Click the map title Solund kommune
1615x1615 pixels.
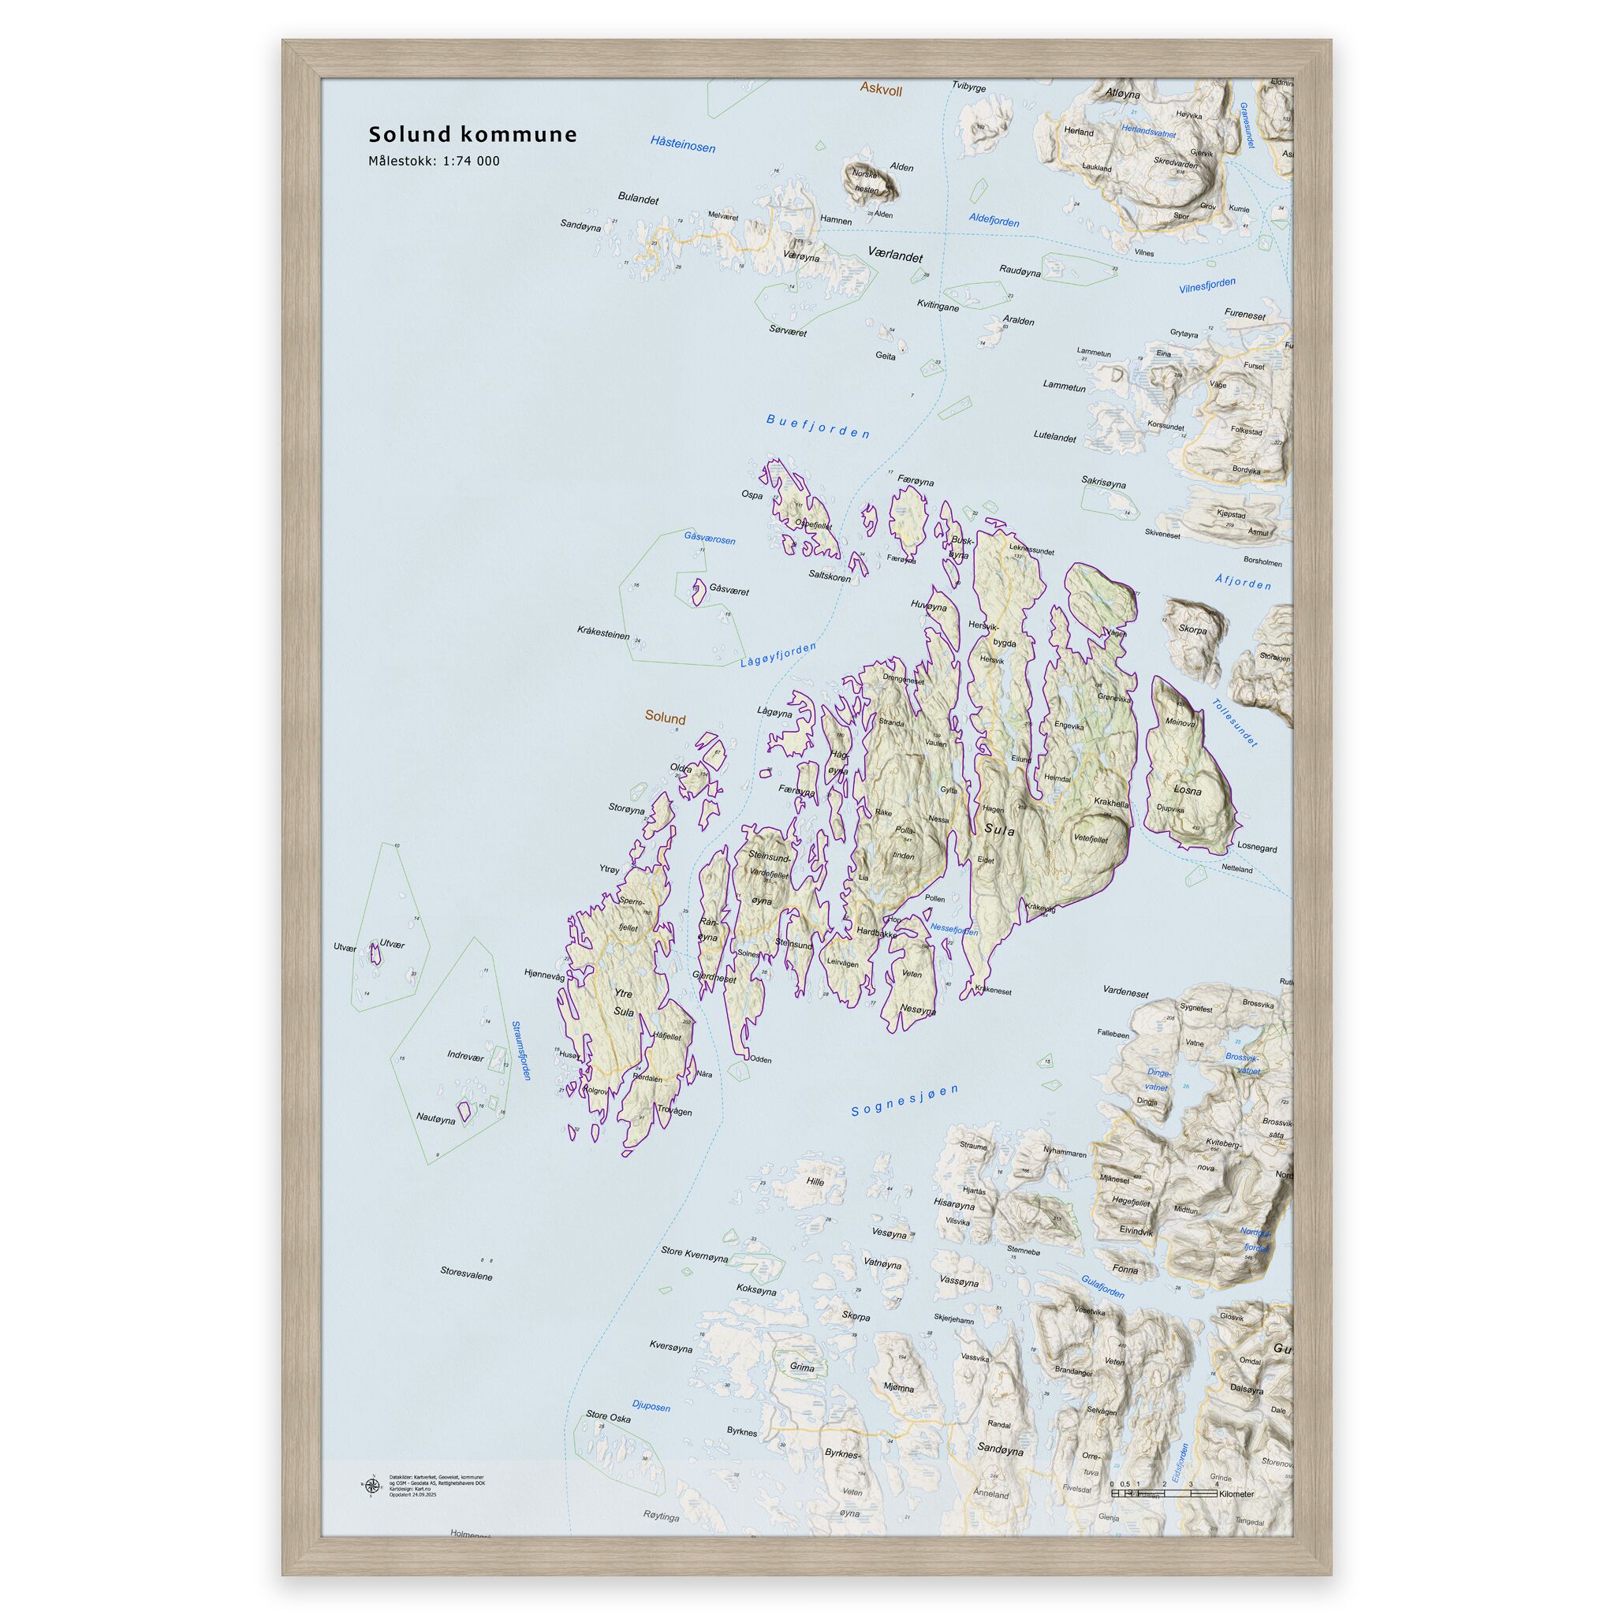472,135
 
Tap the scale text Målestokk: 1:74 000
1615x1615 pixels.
434,162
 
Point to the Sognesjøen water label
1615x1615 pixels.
904,1100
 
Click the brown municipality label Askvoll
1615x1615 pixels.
881,89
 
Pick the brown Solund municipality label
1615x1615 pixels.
665,718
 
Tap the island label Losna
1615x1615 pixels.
1187,790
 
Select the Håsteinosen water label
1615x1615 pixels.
682,144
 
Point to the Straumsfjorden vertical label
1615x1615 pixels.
520,1050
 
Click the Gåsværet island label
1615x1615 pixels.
729,590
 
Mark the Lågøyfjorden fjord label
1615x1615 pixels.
778,655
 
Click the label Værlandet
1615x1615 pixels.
894,254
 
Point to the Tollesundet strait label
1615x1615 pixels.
1234,723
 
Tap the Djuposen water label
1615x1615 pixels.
651,1406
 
